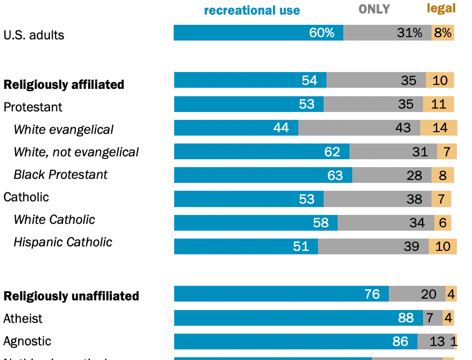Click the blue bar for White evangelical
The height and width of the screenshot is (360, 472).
pyautogui.click(x=236, y=128)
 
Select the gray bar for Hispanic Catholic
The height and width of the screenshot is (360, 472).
pyautogui.click(x=373, y=246)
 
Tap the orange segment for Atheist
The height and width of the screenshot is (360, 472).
pyautogui.click(x=448, y=318)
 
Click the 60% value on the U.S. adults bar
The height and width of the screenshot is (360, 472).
pyautogui.click(x=321, y=33)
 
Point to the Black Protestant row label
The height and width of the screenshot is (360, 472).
pyautogui.click(x=60, y=174)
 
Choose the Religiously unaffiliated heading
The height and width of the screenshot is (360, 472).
pyautogui.click(x=71, y=296)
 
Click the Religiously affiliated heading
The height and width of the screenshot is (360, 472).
pyautogui.click(x=63, y=84)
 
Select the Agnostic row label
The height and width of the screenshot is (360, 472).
pyautogui.click(x=27, y=341)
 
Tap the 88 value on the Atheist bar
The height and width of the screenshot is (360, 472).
pyautogui.click(x=406, y=318)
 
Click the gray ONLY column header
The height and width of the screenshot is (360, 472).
pyautogui.click(x=374, y=9)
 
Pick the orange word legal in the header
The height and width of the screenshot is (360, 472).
pyautogui.click(x=441, y=8)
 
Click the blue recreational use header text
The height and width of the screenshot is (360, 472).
pyautogui.click(x=252, y=10)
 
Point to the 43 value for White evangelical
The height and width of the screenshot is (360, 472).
pyautogui.click(x=403, y=128)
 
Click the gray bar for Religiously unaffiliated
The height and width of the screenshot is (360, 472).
pyautogui.click(x=417, y=294)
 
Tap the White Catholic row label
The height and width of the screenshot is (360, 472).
pyautogui.click(x=54, y=219)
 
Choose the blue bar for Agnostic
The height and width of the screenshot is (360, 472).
pyautogui.click(x=296, y=341)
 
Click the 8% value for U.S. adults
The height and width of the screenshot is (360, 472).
pyautogui.click(x=442, y=33)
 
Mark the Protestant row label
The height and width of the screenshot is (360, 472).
pyautogui.click(x=33, y=107)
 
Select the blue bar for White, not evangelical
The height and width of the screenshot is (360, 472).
pyautogui.click(x=261, y=151)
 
